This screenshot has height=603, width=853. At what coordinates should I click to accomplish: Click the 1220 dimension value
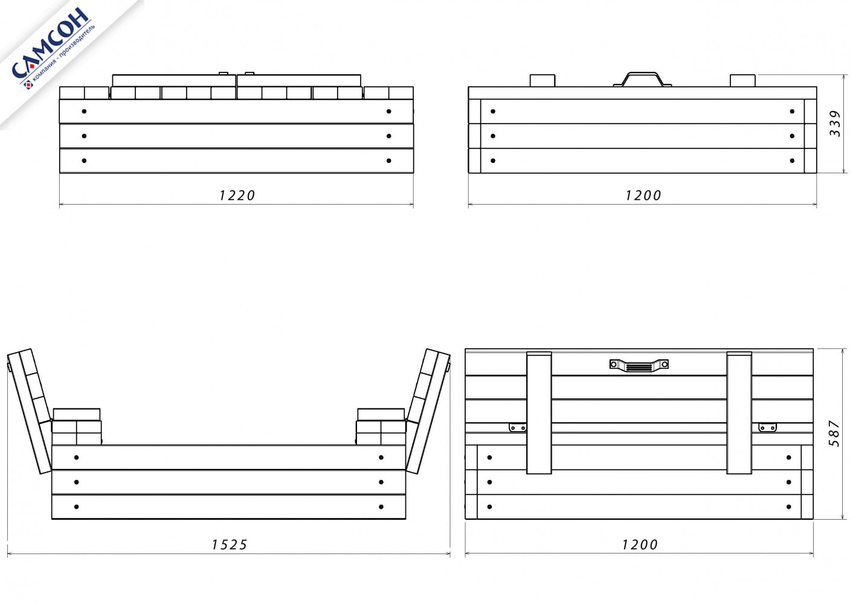[x=237, y=195]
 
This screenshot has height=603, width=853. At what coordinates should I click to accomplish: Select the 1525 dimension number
[x=229, y=545]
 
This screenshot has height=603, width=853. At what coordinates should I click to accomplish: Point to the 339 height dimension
[x=835, y=123]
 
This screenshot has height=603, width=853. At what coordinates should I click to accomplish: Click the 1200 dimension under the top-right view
[x=643, y=195]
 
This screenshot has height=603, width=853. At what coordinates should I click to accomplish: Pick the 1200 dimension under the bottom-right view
[x=640, y=545]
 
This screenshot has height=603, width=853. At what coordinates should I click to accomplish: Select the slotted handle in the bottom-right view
[x=639, y=365]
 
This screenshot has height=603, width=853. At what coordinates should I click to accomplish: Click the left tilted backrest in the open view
[x=29, y=411]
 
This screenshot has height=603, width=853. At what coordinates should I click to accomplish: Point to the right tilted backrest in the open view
[x=428, y=411]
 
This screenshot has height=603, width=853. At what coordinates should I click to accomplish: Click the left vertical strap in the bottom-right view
[x=539, y=413]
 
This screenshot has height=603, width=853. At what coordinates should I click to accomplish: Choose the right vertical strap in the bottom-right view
[x=739, y=413]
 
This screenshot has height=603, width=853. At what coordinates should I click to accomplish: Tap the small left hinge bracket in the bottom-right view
[x=518, y=427]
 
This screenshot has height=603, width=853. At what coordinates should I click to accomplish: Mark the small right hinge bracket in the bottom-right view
[x=767, y=427]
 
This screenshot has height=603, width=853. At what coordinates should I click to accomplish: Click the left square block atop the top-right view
[x=542, y=81]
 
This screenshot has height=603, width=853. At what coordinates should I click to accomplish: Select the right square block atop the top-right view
[x=742, y=81]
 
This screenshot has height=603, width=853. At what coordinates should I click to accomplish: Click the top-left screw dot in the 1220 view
[x=84, y=112]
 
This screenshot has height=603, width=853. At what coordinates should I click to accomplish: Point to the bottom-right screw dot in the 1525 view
[x=381, y=507]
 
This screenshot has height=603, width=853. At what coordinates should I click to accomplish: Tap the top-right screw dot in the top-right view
[x=792, y=112]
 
